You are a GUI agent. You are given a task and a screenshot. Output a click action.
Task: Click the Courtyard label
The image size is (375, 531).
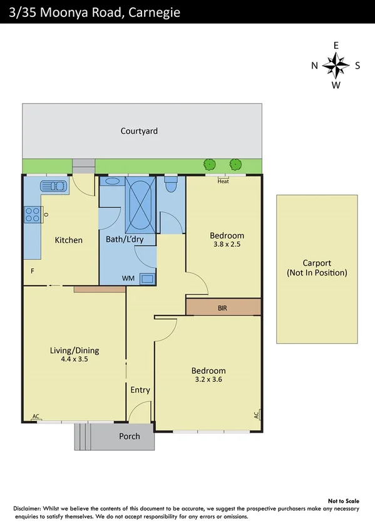tap(139, 131)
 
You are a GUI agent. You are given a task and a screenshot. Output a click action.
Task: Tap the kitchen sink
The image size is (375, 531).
tap(53, 186)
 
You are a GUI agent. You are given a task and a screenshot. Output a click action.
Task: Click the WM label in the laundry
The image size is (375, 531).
tap(128, 277)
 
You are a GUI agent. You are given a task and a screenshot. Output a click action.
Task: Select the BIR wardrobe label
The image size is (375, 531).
tap(222, 308)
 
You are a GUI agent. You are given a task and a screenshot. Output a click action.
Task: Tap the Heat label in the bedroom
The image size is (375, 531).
tap(223, 182)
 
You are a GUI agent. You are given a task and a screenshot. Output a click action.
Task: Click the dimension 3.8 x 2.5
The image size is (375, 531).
tap(226, 245)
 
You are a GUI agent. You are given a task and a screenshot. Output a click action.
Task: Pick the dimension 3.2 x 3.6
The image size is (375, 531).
tap(208, 379)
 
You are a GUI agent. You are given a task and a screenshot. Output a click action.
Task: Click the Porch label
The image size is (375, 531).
tap(130, 436)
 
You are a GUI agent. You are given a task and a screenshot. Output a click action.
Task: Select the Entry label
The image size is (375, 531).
tap(140, 390)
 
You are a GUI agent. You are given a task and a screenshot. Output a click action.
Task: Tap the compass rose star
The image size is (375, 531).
tap(336, 64)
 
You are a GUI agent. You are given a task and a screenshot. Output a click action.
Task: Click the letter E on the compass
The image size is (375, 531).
tap(336, 45)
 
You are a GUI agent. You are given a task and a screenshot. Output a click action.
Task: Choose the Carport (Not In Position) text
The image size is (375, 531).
tap(317, 268)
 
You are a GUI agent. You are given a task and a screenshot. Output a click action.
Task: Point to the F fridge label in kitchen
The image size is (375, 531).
tap(32, 271)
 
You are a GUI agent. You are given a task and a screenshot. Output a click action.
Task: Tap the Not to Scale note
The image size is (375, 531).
tap(343, 501)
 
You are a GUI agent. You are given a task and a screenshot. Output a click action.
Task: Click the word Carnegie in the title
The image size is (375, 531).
tap(150, 11)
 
